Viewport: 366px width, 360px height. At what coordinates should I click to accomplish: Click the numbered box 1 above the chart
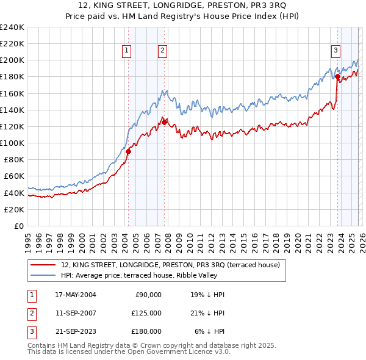pos(127,51)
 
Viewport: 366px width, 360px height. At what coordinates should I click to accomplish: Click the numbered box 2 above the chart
pos(163,51)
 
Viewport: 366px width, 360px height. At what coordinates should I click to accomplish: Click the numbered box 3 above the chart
pos(335,51)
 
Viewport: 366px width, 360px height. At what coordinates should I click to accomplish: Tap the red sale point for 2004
pos(128,151)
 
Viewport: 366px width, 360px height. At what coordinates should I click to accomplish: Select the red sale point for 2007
pos(164,122)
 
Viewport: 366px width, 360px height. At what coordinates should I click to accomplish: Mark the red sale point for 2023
pos(337,77)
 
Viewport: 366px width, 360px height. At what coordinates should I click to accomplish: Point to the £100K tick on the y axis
pos(12,143)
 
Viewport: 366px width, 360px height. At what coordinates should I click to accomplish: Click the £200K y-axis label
pos(12,60)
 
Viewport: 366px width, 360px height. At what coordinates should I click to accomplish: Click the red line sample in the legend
pos(43,265)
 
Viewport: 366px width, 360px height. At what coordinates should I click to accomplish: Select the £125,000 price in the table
pos(146,313)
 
